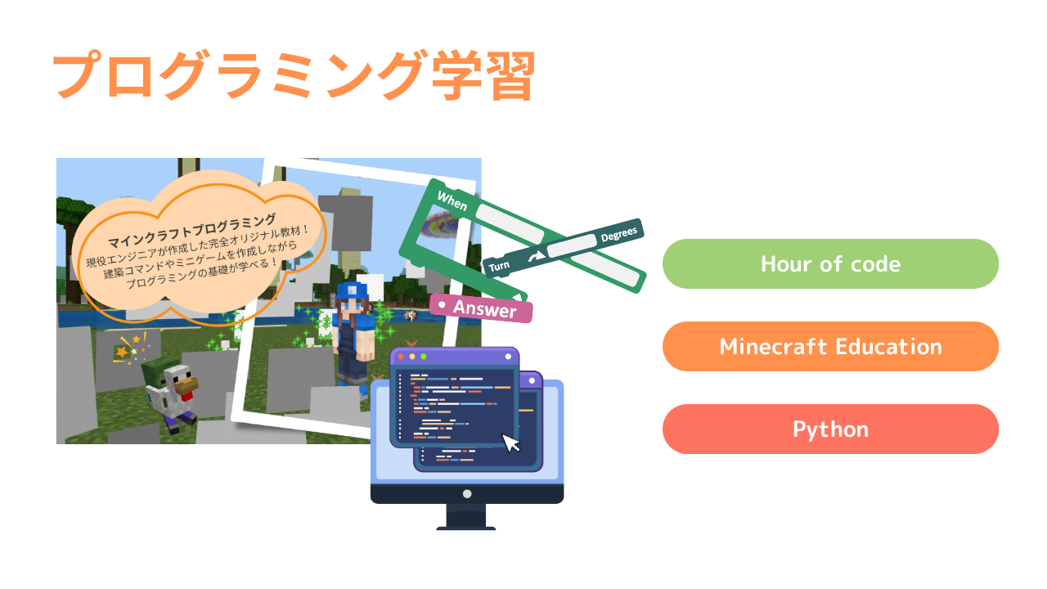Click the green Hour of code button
click(x=830, y=263)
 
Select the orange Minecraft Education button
click(x=830, y=346)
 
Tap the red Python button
click(x=830, y=429)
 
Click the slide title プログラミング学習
click(x=294, y=76)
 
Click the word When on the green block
click(x=452, y=201)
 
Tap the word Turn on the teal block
click(x=499, y=267)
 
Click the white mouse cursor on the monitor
click(x=510, y=443)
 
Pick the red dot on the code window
click(x=401, y=357)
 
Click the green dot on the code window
click(x=424, y=357)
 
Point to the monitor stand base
click(x=466, y=528)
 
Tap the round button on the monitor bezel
click(x=467, y=494)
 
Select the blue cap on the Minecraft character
click(x=352, y=290)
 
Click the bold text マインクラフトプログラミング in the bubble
click(x=192, y=231)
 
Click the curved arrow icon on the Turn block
click(x=536, y=257)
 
